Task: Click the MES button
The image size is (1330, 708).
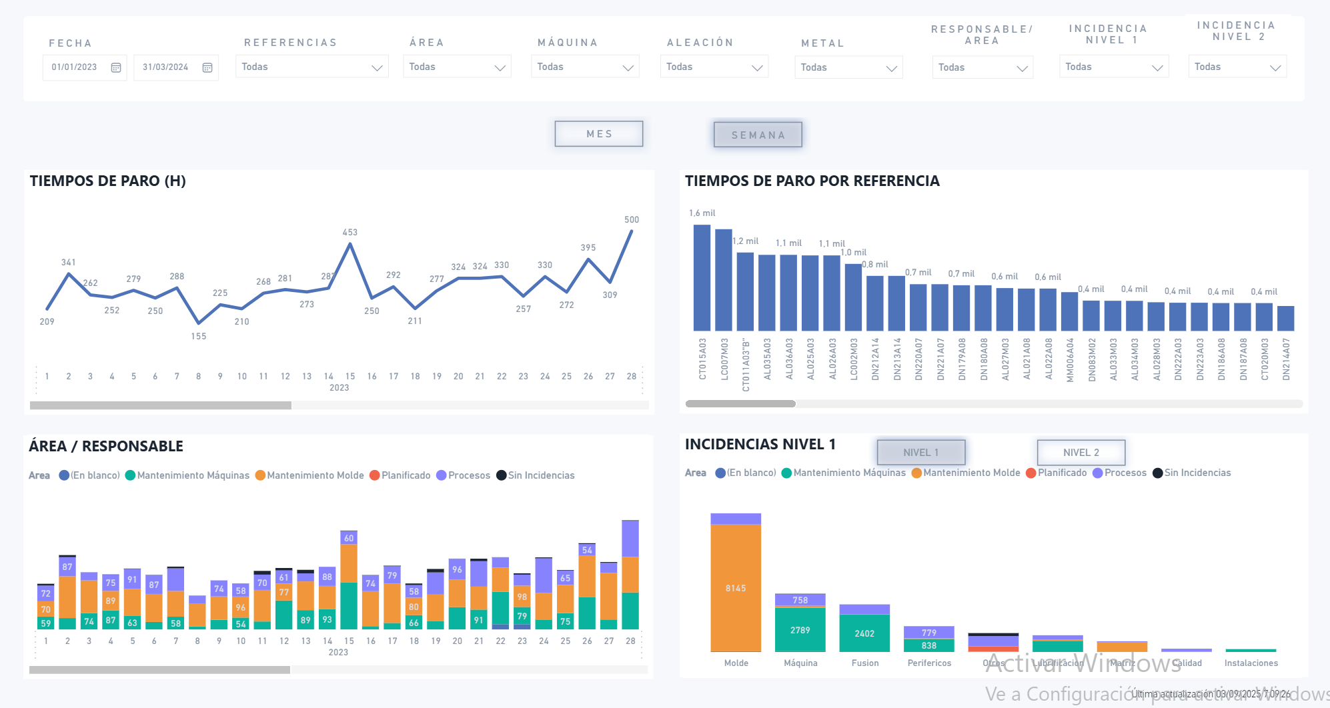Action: point(598,134)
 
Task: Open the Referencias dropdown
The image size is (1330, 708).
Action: point(311,67)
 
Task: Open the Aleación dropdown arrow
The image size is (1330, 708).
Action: point(756,68)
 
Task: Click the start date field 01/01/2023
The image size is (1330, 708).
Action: point(74,67)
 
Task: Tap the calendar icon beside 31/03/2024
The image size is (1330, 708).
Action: point(207,68)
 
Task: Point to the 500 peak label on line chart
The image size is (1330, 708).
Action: point(631,219)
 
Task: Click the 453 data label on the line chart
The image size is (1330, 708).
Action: point(350,232)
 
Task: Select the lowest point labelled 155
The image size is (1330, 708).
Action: point(199,336)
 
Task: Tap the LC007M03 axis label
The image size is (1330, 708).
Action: point(724,359)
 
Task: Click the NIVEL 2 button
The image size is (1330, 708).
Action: point(1081,453)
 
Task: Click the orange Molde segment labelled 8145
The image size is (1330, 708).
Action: point(736,588)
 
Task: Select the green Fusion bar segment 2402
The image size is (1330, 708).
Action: point(864,633)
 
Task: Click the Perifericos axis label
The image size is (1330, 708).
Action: point(929,663)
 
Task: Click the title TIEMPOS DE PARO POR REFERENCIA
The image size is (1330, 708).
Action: point(812,181)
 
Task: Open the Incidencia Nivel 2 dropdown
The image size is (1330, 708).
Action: point(1237,67)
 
